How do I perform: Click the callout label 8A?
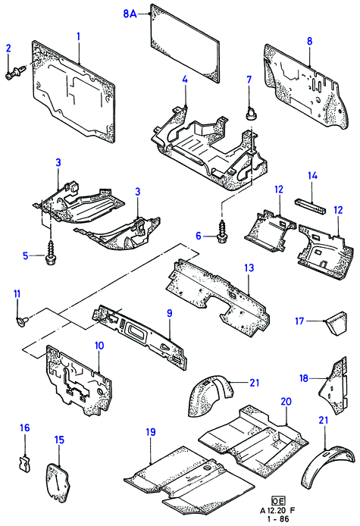pyautogui.click(x=130, y=14)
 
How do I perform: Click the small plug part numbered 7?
pyautogui.click(x=250, y=113)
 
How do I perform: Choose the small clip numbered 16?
pyautogui.click(x=23, y=463)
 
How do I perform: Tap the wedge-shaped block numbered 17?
pyautogui.click(x=336, y=323)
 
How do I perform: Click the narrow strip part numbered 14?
pyautogui.click(x=310, y=206)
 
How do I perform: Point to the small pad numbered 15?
pyautogui.click(x=58, y=482)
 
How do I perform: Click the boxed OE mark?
pyautogui.click(x=278, y=501)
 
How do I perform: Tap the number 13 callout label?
pyautogui.click(x=249, y=268)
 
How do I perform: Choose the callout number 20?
pyautogui.click(x=286, y=401)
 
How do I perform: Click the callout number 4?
pyautogui.click(x=185, y=80)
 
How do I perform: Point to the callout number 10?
pyautogui.click(x=99, y=345)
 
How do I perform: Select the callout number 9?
pyautogui.click(x=170, y=313)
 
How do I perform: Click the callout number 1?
pyautogui.click(x=79, y=36)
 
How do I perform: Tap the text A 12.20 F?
pyautogui.click(x=278, y=511)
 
